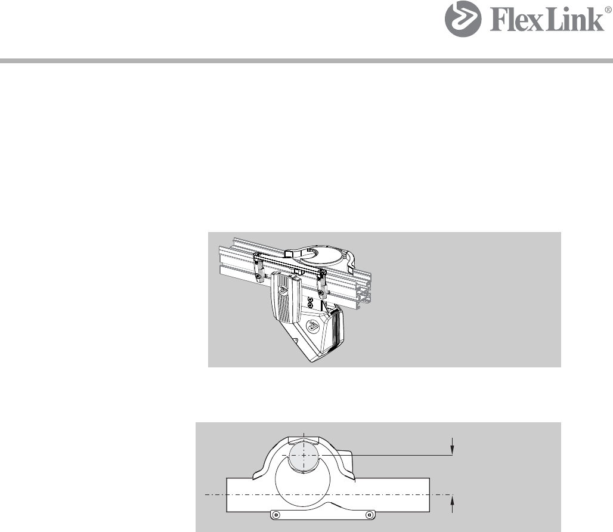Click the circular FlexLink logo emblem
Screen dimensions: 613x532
pyautogui.click(x=463, y=18)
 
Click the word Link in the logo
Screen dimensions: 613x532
pyautogui.click(x=575, y=19)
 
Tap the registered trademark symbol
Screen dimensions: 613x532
pyautogui.click(x=609, y=10)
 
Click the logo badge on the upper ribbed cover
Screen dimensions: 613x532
pyautogui.click(x=282, y=290)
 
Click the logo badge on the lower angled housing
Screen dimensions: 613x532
pyautogui.click(x=312, y=325)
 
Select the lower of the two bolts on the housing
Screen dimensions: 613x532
pyautogui.click(x=310, y=305)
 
